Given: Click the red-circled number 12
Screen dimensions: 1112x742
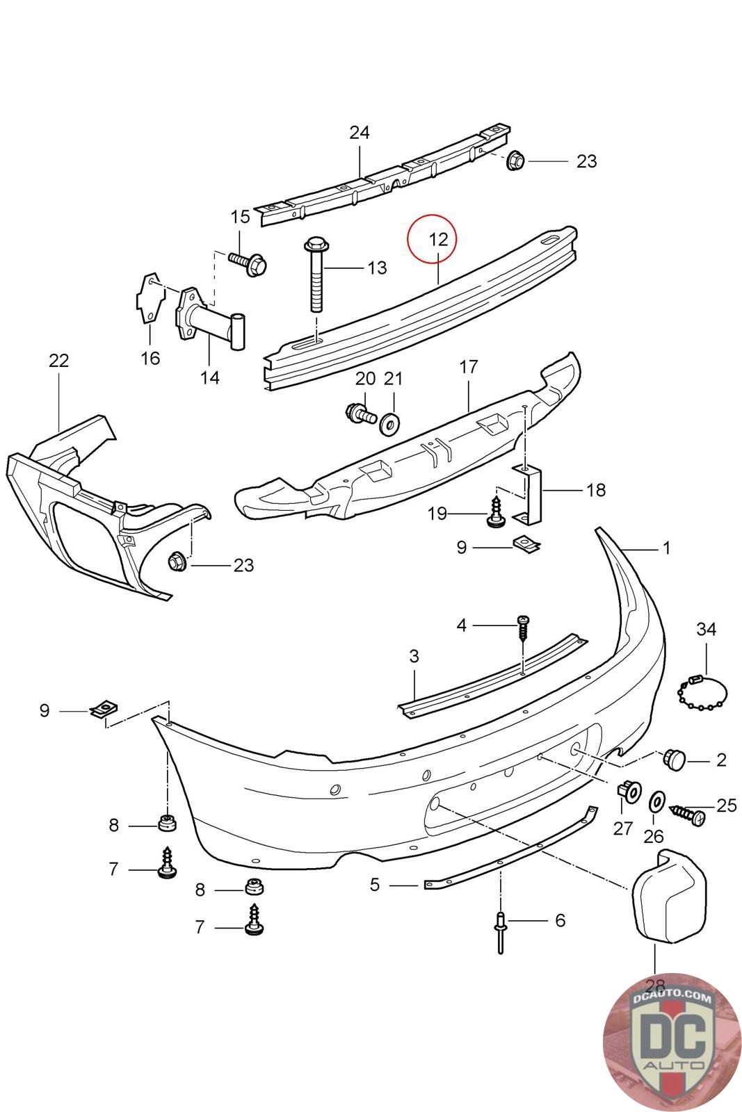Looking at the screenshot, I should tap(438, 239).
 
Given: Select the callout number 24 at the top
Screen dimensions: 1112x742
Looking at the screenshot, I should tap(359, 132).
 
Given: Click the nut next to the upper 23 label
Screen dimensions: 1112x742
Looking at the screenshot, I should tap(515, 161).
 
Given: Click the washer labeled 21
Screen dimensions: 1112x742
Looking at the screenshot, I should tap(389, 423).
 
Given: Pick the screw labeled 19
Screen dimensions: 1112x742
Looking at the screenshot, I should tap(497, 512).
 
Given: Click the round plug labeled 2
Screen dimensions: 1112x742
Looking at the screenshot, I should tap(675, 759).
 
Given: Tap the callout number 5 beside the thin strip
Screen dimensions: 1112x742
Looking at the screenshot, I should tap(375, 885).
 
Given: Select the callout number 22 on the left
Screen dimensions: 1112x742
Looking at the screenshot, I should tap(59, 361).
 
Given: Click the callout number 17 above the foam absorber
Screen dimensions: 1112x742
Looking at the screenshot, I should tap(469, 366).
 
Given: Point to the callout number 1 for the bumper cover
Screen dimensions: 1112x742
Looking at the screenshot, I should tap(666, 548).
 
